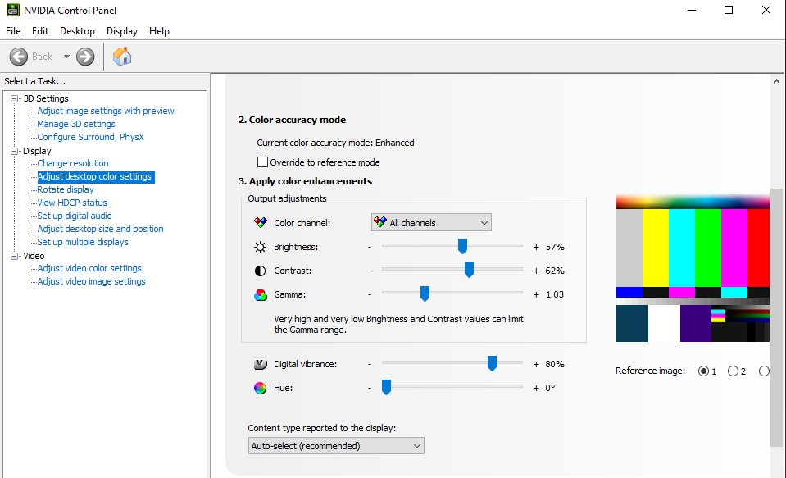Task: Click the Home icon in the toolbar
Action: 122,57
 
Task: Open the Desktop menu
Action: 77,31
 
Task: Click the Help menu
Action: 159,31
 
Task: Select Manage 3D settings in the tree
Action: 76,124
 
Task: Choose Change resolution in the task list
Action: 73,163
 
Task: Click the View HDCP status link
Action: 72,203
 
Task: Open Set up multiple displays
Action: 83,242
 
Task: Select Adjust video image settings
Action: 91,281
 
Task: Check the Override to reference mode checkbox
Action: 263,162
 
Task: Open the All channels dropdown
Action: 431,222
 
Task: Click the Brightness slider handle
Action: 462,246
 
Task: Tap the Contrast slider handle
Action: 469,270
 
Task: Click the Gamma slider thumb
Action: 425,294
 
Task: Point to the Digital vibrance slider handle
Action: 492,363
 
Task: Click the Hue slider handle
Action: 386,387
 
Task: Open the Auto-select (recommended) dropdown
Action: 336,445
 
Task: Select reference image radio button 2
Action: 733,371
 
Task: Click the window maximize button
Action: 729,10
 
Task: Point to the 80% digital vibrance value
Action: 555,364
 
